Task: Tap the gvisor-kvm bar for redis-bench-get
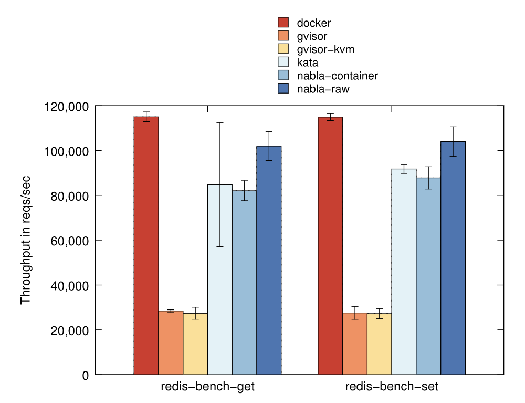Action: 195,344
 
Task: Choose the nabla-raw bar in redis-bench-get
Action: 269,260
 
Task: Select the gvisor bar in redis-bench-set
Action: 355,344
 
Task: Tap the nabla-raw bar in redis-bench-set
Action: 453,258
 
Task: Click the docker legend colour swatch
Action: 283,23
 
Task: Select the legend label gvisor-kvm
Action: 325,49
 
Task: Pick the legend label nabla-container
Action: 337,76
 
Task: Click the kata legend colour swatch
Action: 283,63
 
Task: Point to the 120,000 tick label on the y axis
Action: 65,106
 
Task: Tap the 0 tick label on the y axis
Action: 85,375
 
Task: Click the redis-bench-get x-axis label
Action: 208,388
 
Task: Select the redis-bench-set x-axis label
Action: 392,388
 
